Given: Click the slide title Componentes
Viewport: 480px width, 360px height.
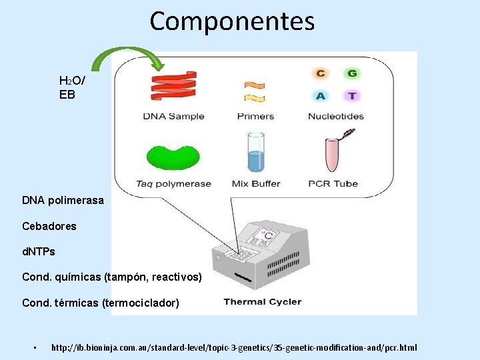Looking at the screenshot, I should point(232,21).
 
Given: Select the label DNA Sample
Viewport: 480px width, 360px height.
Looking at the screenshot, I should point(173,116).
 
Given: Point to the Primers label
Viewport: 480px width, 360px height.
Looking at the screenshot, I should point(255,116).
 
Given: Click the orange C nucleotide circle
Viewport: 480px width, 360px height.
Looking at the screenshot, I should point(321,74).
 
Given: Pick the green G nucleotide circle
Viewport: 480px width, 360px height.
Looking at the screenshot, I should point(351,74).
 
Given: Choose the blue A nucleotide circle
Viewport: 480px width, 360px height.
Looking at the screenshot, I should point(321,95).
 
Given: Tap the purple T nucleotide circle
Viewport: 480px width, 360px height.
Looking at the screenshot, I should point(351,95).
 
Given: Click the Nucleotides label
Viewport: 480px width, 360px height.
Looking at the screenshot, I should point(336,116).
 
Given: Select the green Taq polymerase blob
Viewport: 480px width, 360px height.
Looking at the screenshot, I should point(173,157).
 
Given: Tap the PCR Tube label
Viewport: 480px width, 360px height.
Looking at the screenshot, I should point(333,183).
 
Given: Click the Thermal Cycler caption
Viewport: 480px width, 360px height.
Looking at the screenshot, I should point(262,302).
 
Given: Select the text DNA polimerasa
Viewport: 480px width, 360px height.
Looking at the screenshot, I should point(63,200).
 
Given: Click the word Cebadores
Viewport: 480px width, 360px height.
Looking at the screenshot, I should point(49,226).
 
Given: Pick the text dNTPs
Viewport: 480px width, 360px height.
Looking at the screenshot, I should point(39,252).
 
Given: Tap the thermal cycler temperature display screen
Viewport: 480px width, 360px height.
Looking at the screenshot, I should point(265,235).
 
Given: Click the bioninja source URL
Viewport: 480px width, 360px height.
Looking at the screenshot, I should point(234,348).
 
